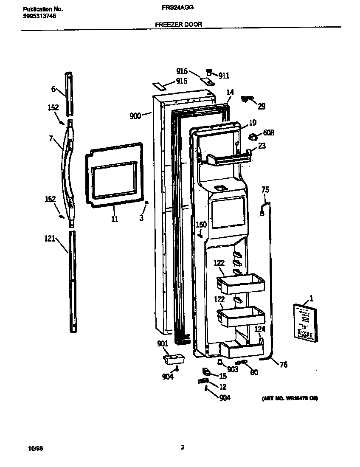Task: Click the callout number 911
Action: [x=224, y=76]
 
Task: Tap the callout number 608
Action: [x=268, y=133]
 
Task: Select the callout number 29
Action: [x=262, y=106]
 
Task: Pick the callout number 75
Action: [x=265, y=189]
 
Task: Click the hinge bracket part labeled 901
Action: [x=174, y=360]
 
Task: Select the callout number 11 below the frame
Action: [x=115, y=219]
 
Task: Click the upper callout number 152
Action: [x=53, y=108]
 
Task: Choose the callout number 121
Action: [x=50, y=239]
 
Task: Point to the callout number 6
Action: [x=53, y=89]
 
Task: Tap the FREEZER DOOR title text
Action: [x=178, y=25]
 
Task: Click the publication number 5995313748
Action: [x=39, y=16]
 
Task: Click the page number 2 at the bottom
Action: [x=183, y=447]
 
